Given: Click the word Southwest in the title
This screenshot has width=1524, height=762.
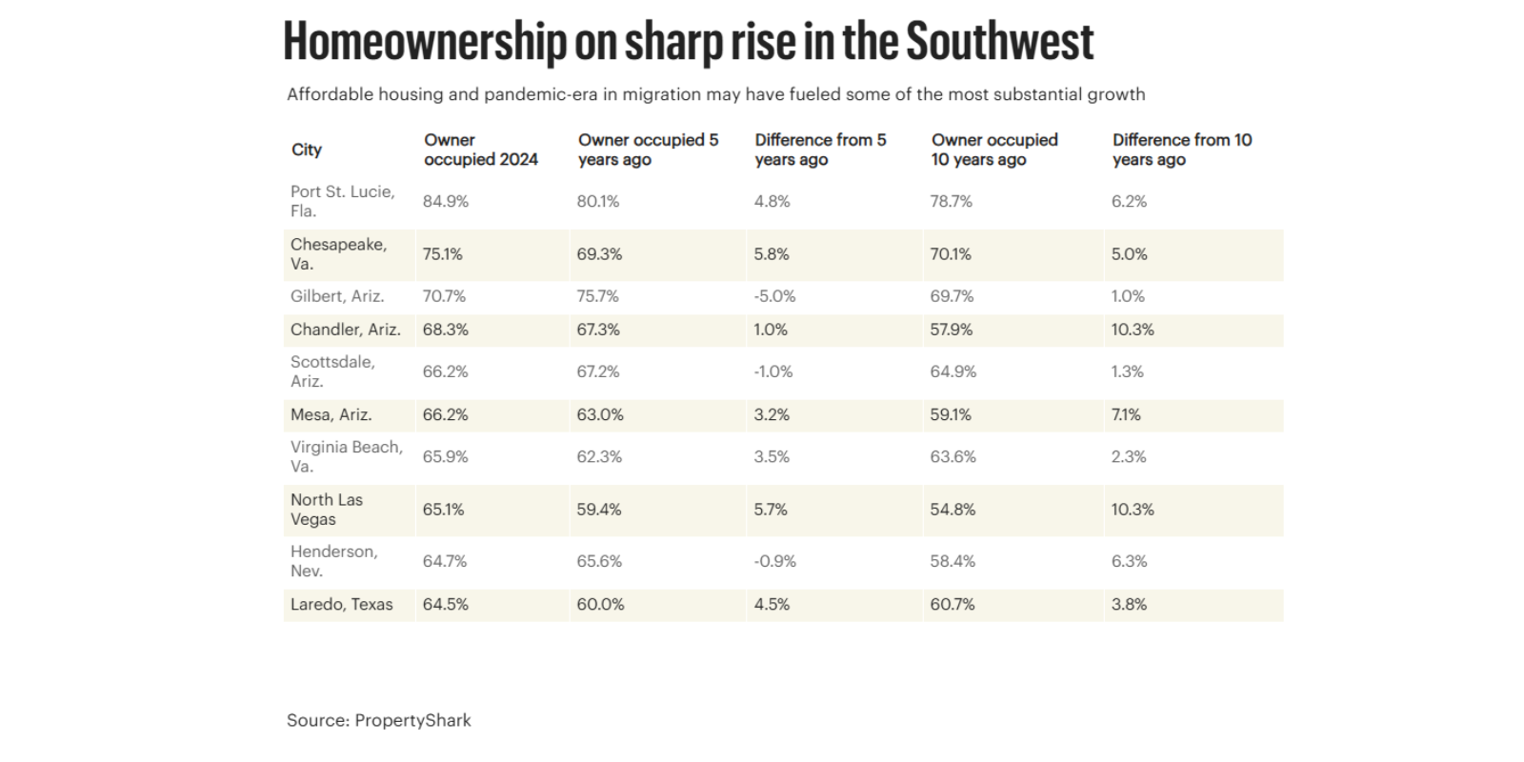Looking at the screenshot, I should click(999, 42).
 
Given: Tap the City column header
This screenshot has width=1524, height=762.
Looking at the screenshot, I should click(307, 150).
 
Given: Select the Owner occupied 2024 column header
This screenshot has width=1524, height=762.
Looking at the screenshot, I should click(481, 150).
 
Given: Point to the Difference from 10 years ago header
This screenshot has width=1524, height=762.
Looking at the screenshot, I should click(1182, 150).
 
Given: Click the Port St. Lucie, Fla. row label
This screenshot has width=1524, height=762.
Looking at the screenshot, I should click(342, 201).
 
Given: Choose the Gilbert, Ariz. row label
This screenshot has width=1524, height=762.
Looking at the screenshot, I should click(337, 296).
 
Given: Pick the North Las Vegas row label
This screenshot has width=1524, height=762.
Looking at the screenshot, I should click(327, 510).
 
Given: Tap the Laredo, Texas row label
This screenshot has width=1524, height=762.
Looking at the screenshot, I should click(341, 604).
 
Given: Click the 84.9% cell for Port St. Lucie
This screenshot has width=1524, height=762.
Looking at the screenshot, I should click(446, 201).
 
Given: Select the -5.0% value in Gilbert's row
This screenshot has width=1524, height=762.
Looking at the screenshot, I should click(774, 296).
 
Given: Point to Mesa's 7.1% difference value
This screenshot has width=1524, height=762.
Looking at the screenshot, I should click(1126, 414).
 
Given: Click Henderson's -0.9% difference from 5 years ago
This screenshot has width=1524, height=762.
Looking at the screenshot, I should click(774, 561).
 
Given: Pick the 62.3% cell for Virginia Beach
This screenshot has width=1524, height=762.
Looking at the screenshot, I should click(599, 456).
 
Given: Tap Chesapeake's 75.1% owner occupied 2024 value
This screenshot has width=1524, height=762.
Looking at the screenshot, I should click(443, 254).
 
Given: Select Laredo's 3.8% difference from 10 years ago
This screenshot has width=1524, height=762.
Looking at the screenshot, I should click(1129, 604).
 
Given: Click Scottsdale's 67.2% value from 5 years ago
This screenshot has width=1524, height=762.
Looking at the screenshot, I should click(598, 371).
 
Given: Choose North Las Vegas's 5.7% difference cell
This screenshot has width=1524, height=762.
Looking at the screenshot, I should click(771, 510).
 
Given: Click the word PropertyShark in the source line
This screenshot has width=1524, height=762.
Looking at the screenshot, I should click(412, 720).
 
